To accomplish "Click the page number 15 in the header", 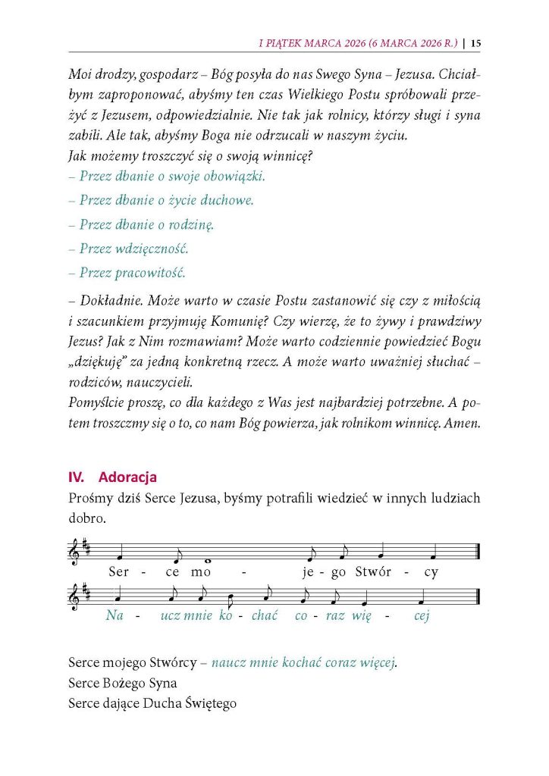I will coord(475,42).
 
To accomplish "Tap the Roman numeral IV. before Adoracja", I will coord(76,477).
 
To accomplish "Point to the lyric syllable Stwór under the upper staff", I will coord(367,571).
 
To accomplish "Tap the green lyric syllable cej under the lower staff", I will coord(422,615).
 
